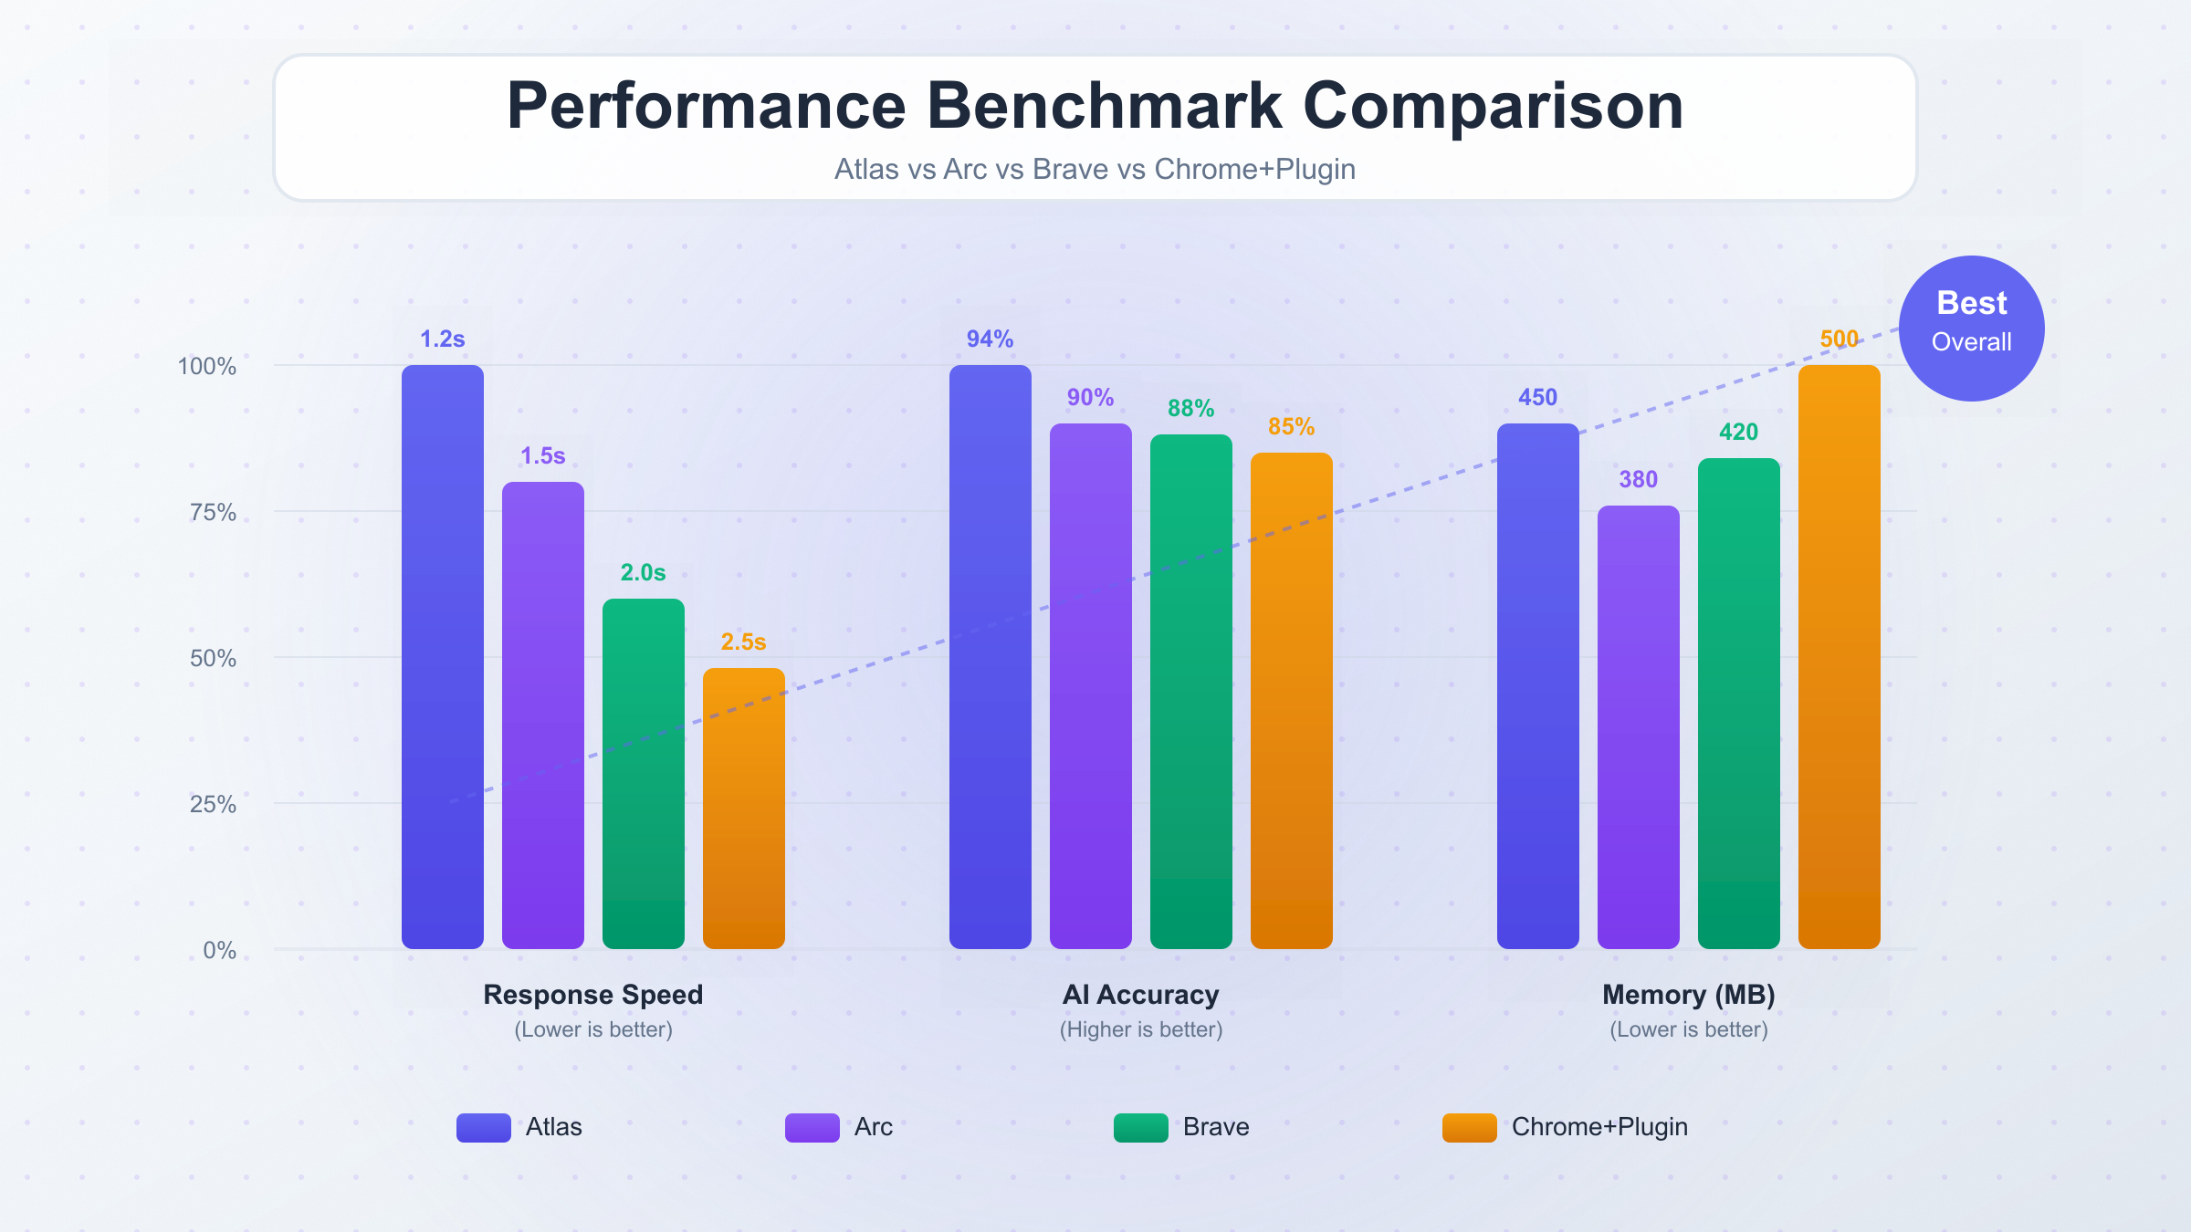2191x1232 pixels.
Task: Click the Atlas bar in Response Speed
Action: (443, 657)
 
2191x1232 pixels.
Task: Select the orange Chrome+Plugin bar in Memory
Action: (1839, 657)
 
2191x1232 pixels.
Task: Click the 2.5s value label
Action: (743, 642)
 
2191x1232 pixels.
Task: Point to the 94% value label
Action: (990, 339)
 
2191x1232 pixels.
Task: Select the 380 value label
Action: (1638, 479)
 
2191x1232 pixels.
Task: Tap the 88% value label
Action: (1190, 408)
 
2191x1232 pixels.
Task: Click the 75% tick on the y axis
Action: (213, 512)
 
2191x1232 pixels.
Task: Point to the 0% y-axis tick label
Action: (219, 950)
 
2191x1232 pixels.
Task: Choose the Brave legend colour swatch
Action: (1140, 1127)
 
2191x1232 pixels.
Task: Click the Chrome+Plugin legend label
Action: (1599, 1127)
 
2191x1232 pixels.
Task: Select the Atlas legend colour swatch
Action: (483, 1127)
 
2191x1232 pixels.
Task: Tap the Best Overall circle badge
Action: (1971, 329)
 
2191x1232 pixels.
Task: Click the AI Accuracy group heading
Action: (1140, 994)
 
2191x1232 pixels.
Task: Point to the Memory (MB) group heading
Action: (1688, 994)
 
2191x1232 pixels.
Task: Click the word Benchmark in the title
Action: (1104, 106)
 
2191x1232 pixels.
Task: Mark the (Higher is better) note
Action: (1140, 1029)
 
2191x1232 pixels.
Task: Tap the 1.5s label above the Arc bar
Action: (542, 455)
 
